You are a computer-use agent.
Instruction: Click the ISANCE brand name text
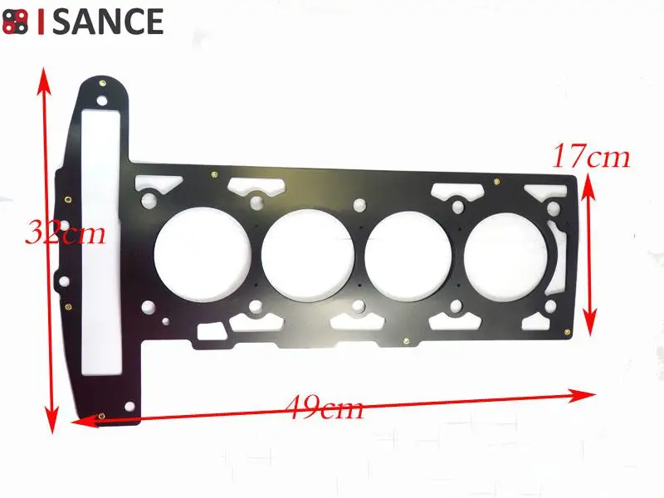click(x=100, y=22)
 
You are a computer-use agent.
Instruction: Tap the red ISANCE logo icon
click(x=15, y=22)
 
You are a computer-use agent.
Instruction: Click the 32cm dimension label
click(x=65, y=232)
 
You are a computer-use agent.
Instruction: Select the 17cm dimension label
click(x=591, y=156)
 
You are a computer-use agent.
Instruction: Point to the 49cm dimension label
click(x=325, y=408)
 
